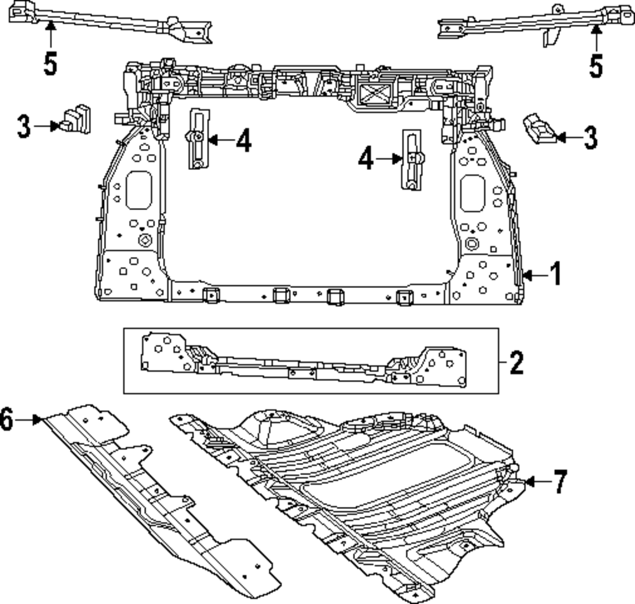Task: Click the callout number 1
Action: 554,275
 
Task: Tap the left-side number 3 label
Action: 23,126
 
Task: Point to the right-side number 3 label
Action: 590,138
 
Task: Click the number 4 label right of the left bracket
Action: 243,141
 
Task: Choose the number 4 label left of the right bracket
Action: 366,159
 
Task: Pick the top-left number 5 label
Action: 51,63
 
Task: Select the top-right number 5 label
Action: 595,65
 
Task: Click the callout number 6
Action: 7,420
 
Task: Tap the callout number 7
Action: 558,482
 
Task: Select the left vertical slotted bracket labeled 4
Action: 197,139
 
